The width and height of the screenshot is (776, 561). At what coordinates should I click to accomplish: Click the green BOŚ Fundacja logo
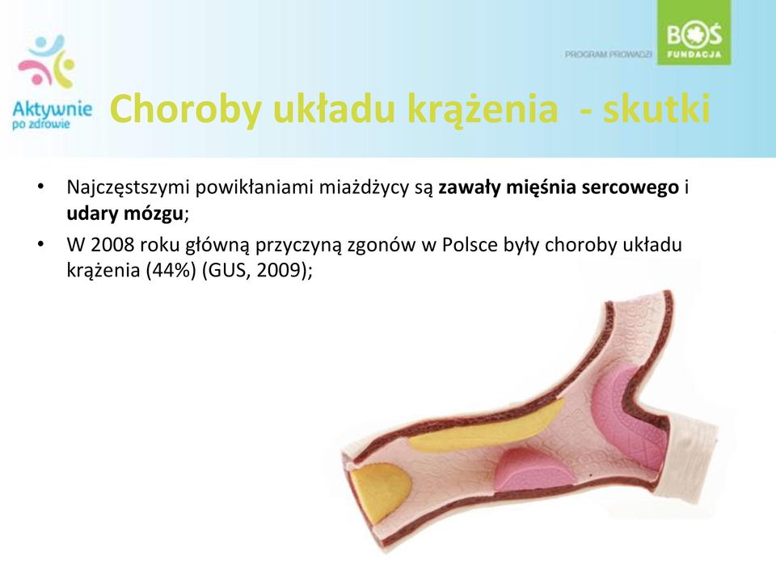click(x=694, y=32)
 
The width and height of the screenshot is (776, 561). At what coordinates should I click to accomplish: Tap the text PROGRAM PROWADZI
click(x=608, y=54)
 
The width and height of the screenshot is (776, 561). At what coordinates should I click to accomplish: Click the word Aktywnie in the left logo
click(x=52, y=110)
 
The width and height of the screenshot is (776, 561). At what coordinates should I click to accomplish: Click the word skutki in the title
click(x=656, y=108)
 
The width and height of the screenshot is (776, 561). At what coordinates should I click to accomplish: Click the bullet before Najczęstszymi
click(x=40, y=187)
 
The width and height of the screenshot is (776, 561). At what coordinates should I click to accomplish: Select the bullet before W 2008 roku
click(x=40, y=244)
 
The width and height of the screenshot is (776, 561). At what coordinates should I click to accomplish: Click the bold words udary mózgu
click(x=125, y=213)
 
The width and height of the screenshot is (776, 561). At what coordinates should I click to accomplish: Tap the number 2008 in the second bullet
click(x=112, y=245)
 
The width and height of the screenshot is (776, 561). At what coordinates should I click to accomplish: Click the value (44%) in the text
click(x=171, y=270)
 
